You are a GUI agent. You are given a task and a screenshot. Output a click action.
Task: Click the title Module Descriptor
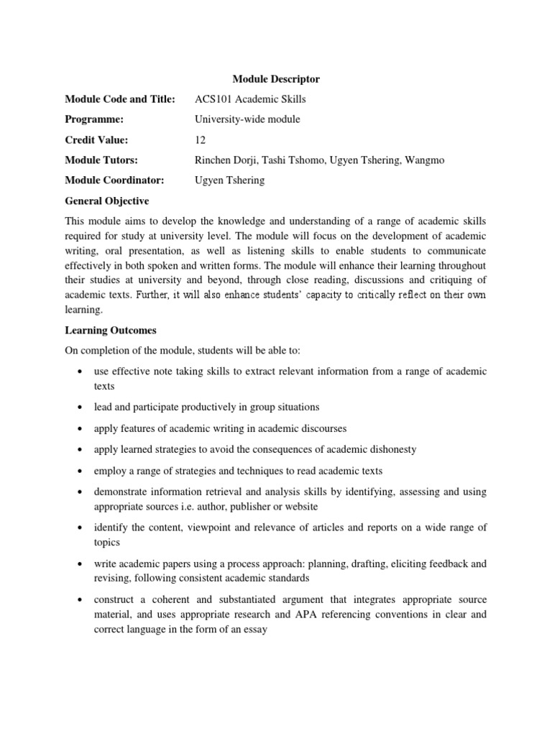[x=276, y=78]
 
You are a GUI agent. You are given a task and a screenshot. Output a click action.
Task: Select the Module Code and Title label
[x=119, y=99]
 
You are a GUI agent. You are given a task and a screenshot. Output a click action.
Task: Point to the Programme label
[x=94, y=119]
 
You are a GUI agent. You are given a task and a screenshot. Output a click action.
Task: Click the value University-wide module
[x=247, y=119]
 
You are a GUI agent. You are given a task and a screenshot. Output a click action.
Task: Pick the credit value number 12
[x=201, y=139]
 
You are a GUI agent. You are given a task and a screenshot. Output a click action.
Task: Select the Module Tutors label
[x=101, y=160]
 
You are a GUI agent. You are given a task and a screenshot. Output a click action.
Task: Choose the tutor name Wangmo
[x=426, y=160]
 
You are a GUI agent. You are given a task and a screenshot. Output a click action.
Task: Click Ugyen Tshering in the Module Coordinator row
[x=230, y=180]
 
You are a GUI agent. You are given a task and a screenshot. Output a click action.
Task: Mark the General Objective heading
[x=106, y=201]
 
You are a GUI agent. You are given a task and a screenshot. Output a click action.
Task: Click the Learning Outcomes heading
[x=110, y=331]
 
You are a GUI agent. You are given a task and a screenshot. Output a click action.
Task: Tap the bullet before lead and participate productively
[x=77, y=408]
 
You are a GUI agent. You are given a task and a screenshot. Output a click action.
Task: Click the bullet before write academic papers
[x=77, y=564]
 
